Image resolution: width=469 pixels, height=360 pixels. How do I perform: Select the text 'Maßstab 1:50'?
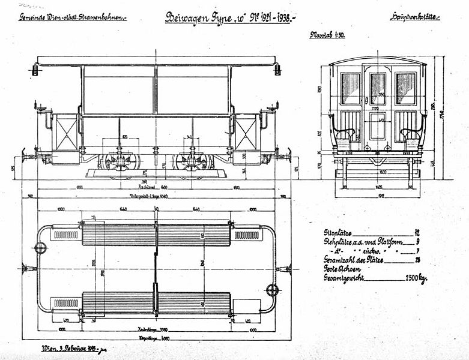pos(327,35)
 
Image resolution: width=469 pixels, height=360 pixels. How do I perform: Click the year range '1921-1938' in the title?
pos(272,17)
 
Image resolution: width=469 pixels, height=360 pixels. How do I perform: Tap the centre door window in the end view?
pos(378,88)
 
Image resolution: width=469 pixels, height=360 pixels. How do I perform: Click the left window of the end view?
pos(350,88)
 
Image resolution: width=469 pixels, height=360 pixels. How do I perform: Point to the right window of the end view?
pos(406,88)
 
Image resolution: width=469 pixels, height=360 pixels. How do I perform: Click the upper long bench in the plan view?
pos(156,235)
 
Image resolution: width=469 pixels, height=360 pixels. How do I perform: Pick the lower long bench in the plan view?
pos(156,303)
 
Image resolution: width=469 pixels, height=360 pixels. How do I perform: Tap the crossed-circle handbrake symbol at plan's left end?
pos(41,248)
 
